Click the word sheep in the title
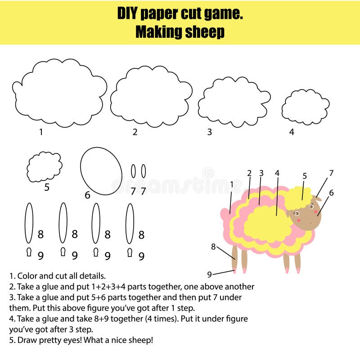(205, 32)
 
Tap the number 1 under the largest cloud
(41, 132)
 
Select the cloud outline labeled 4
(305, 107)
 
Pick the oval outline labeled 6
(101, 171)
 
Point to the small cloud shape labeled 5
(44, 166)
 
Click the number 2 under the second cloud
(135, 132)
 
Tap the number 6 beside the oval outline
(87, 195)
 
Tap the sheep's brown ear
(318, 198)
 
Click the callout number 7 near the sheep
(331, 173)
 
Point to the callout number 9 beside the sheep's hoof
(209, 274)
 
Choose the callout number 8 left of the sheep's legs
(213, 246)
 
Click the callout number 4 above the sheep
(277, 173)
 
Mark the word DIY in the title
(128, 13)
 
